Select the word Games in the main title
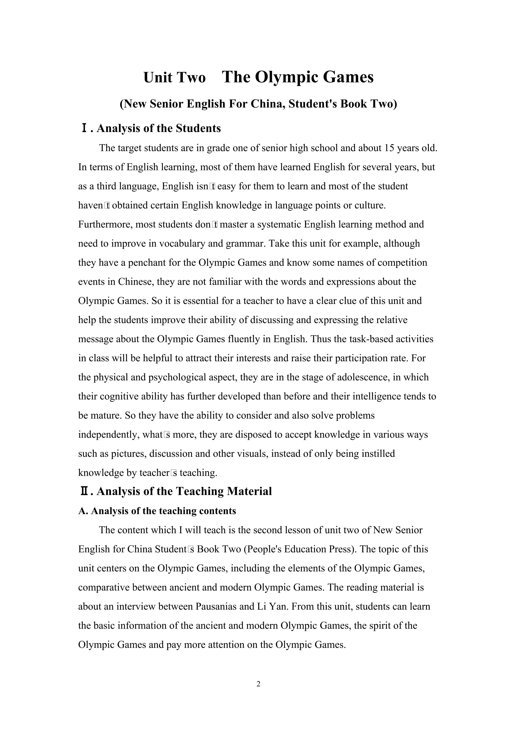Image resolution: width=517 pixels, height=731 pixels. coord(348,77)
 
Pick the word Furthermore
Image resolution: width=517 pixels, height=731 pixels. coord(105,224)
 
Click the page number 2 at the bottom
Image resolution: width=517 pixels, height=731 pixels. coord(258,684)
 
